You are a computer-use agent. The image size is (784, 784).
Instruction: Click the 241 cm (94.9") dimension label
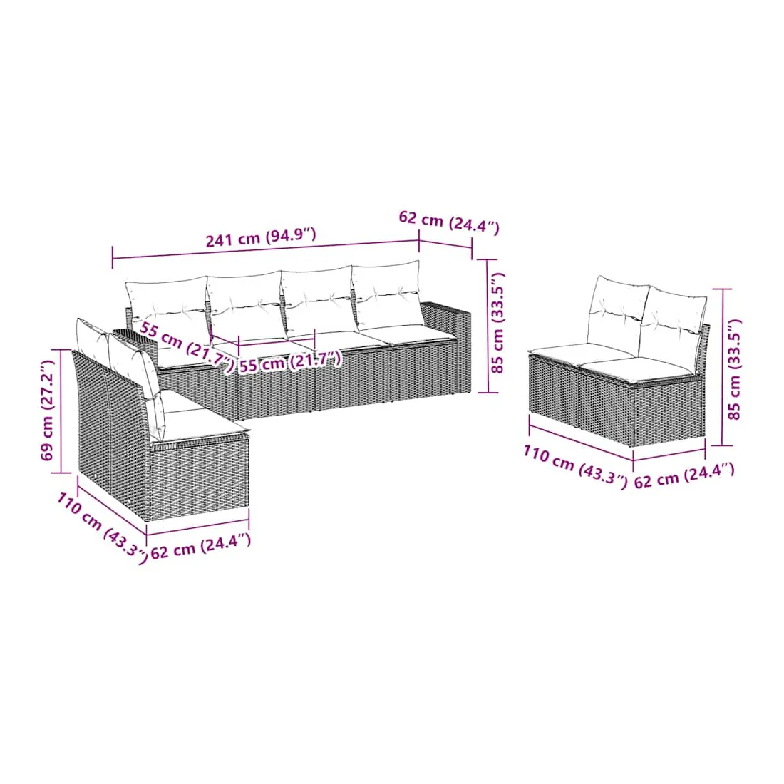coord(261,237)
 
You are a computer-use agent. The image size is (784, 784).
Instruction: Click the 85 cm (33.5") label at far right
coord(733,369)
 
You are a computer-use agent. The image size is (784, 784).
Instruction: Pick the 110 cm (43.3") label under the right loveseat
coord(575,467)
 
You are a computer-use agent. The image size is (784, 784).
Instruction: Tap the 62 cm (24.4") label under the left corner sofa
coord(200,546)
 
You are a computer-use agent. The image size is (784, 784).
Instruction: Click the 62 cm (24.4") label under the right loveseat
coord(684,475)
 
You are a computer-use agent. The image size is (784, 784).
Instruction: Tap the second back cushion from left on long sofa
coord(244,301)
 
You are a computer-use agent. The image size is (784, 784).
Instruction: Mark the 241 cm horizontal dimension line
coord(266,249)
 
